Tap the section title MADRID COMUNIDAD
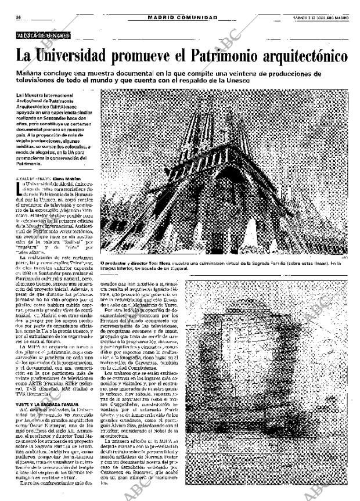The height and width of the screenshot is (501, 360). tap(182, 17)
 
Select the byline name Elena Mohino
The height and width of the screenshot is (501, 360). tap(69, 179)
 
